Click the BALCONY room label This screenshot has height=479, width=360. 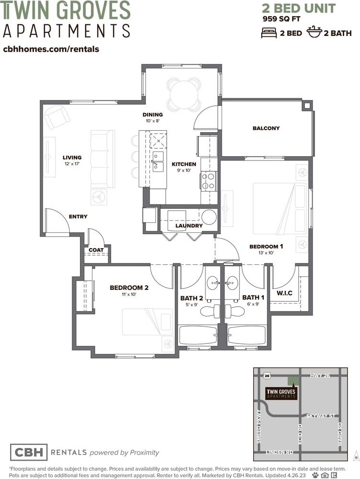point(266,128)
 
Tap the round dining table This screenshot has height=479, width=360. point(184,95)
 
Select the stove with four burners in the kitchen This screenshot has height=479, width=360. point(209,181)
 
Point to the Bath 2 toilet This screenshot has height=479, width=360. point(211,311)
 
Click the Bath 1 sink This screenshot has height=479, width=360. point(232,283)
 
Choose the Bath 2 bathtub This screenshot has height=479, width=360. point(198,335)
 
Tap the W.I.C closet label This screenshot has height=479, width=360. point(284,293)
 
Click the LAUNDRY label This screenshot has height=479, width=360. point(189,226)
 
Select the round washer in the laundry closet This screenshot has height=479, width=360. point(209,217)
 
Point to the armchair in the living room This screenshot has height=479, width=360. point(57,117)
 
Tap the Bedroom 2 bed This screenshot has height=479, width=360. point(147,322)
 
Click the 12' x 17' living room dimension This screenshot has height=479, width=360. point(72,164)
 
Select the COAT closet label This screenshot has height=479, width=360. point(96,250)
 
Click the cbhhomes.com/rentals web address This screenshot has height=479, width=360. point(51,49)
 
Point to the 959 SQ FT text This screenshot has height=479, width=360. point(281,19)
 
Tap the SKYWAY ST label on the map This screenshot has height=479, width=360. point(321,416)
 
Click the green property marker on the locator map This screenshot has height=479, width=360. point(294,381)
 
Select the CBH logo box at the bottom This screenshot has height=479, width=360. point(29,452)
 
